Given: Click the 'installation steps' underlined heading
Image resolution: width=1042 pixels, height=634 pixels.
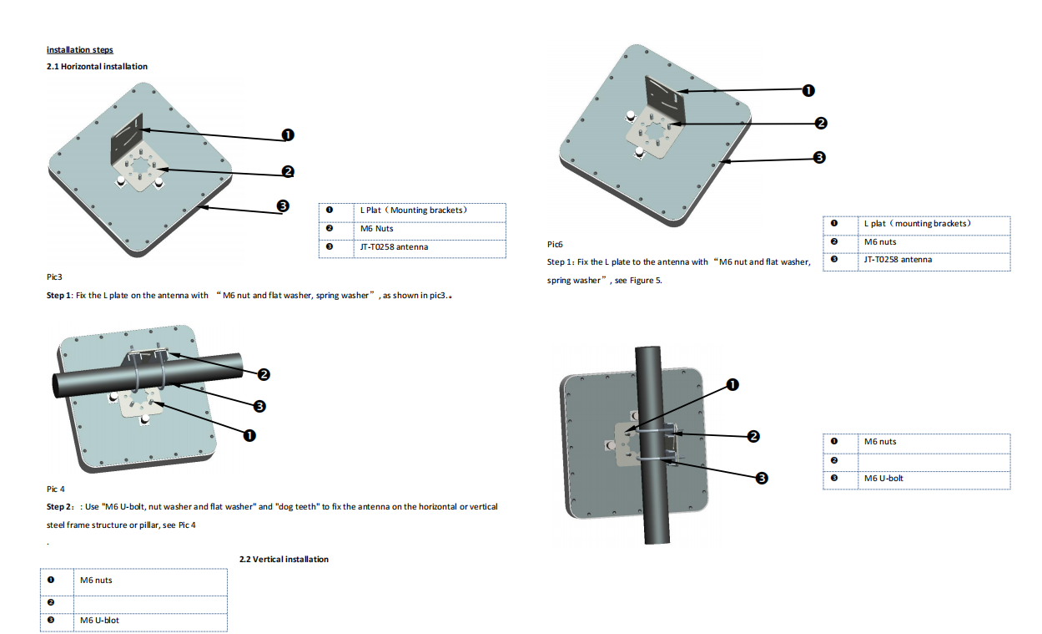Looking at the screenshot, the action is click(79, 50).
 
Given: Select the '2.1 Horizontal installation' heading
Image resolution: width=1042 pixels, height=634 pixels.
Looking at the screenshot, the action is click(97, 67).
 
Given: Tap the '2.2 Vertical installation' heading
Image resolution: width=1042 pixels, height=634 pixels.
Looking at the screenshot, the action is click(284, 559).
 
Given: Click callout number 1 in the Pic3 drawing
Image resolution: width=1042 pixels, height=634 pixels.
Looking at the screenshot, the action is click(288, 135).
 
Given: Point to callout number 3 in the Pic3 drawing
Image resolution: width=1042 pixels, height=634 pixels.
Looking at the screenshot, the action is click(283, 205).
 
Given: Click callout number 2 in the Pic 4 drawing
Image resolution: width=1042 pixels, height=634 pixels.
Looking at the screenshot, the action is click(264, 374).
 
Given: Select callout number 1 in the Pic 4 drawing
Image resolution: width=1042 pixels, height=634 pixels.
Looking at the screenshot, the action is click(249, 435).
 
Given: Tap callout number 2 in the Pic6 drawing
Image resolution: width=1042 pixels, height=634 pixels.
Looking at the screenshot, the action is click(821, 123).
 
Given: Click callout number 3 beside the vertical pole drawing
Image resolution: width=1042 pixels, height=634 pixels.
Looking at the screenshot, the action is click(762, 478).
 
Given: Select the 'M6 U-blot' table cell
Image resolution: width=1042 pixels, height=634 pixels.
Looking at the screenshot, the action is click(150, 621).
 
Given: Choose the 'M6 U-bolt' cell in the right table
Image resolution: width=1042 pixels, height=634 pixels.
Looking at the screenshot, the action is click(934, 479).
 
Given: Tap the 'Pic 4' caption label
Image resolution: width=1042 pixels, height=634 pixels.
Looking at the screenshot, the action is click(55, 489).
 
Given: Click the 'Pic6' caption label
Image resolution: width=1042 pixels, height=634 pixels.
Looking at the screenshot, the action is click(555, 245).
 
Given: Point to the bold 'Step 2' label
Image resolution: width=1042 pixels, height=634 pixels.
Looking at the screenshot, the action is click(59, 507).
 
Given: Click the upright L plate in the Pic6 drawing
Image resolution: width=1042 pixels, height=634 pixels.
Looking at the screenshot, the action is click(665, 99).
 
